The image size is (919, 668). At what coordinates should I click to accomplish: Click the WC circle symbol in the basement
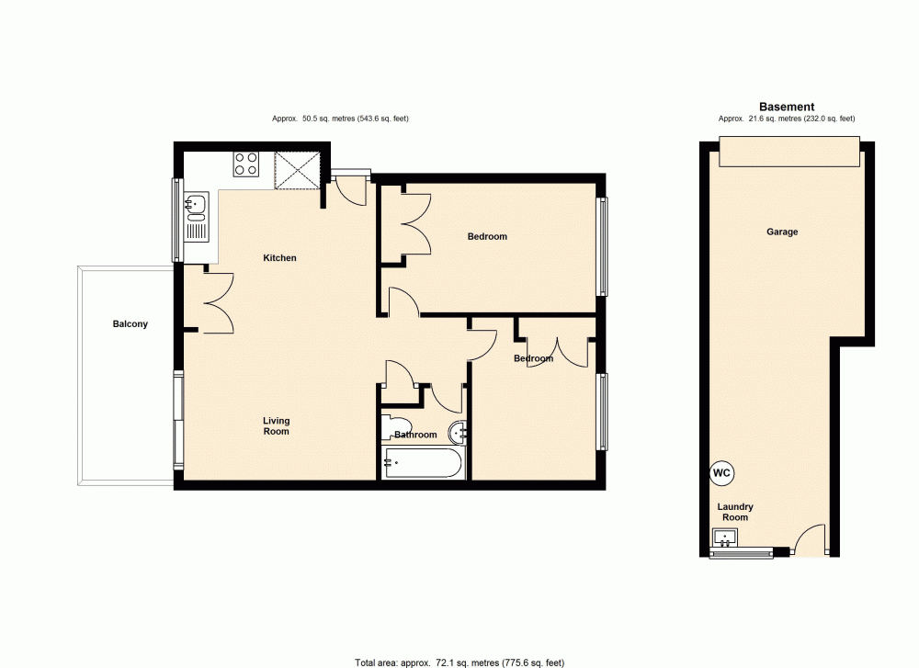pos(721,473)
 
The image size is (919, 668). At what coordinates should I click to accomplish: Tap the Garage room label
pos(782,232)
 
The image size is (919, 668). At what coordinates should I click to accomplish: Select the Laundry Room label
pos(735,512)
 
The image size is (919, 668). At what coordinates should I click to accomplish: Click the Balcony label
pos(130,324)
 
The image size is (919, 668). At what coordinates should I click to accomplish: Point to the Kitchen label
pos(279,258)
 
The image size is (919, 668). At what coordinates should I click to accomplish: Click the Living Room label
pos(276,426)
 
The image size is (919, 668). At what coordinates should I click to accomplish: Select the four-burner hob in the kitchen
pos(245,164)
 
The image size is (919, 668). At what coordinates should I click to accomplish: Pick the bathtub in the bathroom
pos(422,464)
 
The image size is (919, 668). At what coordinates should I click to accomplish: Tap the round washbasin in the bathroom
pos(459,432)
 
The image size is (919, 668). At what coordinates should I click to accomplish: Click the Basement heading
pos(786,108)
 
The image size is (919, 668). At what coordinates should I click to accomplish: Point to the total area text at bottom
pos(459,662)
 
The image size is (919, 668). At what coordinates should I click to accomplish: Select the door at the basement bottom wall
pos(811,542)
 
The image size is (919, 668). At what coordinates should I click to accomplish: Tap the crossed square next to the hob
pos(297,169)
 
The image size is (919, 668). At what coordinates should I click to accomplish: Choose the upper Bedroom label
pos(487,237)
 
